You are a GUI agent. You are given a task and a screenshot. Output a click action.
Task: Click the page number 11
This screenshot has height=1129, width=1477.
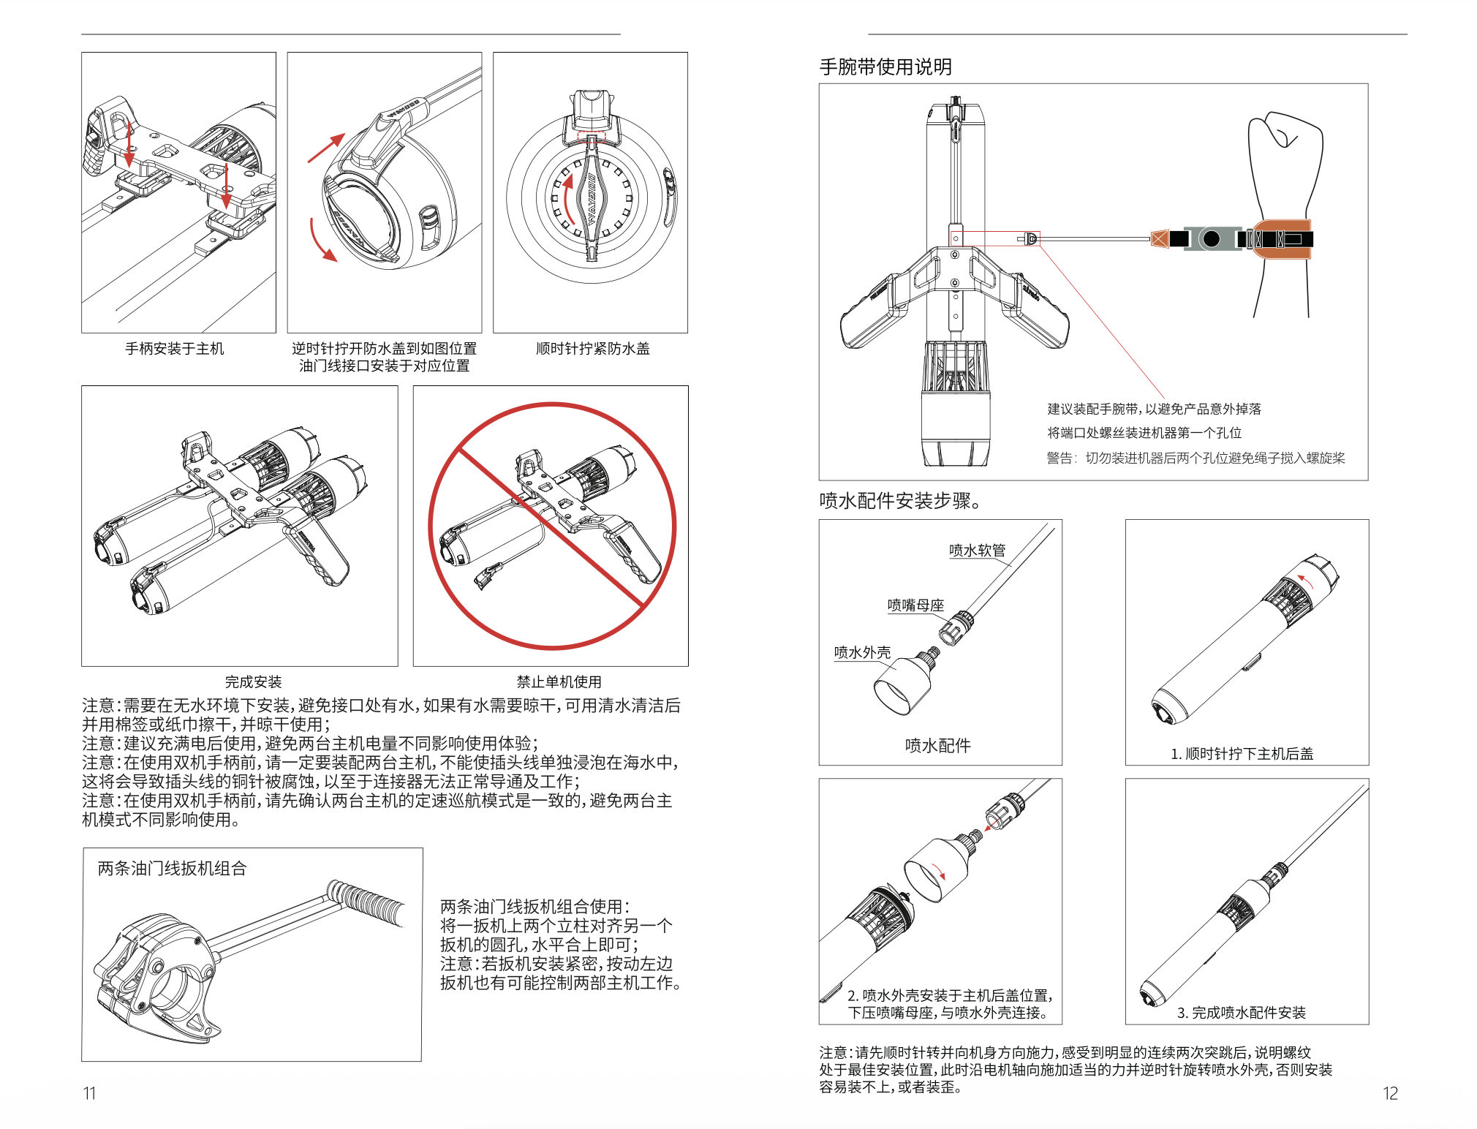[x=89, y=1093]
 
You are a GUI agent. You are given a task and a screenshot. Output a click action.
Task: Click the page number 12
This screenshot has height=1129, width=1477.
[x=1390, y=1093]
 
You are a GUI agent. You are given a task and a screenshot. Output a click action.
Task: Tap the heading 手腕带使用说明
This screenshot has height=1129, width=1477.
[x=885, y=67]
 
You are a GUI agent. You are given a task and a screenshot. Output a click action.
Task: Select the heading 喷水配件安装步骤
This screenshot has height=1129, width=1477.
[x=895, y=501]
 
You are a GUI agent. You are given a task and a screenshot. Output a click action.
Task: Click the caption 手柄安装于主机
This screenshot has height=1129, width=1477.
[x=175, y=349]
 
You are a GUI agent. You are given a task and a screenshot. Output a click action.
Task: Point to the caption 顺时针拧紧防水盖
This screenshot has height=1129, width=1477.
[x=593, y=349]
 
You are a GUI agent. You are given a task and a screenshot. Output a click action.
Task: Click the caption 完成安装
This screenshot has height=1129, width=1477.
[x=253, y=682]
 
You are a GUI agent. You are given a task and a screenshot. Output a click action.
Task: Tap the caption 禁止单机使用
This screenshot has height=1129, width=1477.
[x=559, y=682]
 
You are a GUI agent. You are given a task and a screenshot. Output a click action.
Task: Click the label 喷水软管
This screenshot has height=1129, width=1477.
[x=978, y=551]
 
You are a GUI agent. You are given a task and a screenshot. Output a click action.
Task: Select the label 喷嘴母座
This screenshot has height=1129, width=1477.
[x=916, y=605]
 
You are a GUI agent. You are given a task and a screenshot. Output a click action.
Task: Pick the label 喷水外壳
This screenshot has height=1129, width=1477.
[x=863, y=652]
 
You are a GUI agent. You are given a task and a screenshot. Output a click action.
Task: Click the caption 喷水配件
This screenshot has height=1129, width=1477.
[x=938, y=746]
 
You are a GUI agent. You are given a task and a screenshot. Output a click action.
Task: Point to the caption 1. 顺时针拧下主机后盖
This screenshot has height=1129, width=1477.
[x=1242, y=754]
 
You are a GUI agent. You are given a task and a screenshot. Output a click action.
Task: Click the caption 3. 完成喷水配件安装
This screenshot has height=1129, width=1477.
[x=1242, y=1013]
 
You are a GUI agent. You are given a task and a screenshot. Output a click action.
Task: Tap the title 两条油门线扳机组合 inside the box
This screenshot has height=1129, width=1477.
[x=173, y=869]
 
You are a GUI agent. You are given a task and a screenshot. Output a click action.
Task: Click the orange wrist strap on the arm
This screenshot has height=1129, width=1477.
[x=1280, y=239]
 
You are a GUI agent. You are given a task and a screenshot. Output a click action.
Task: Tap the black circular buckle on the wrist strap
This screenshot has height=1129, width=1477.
[x=1212, y=238]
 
